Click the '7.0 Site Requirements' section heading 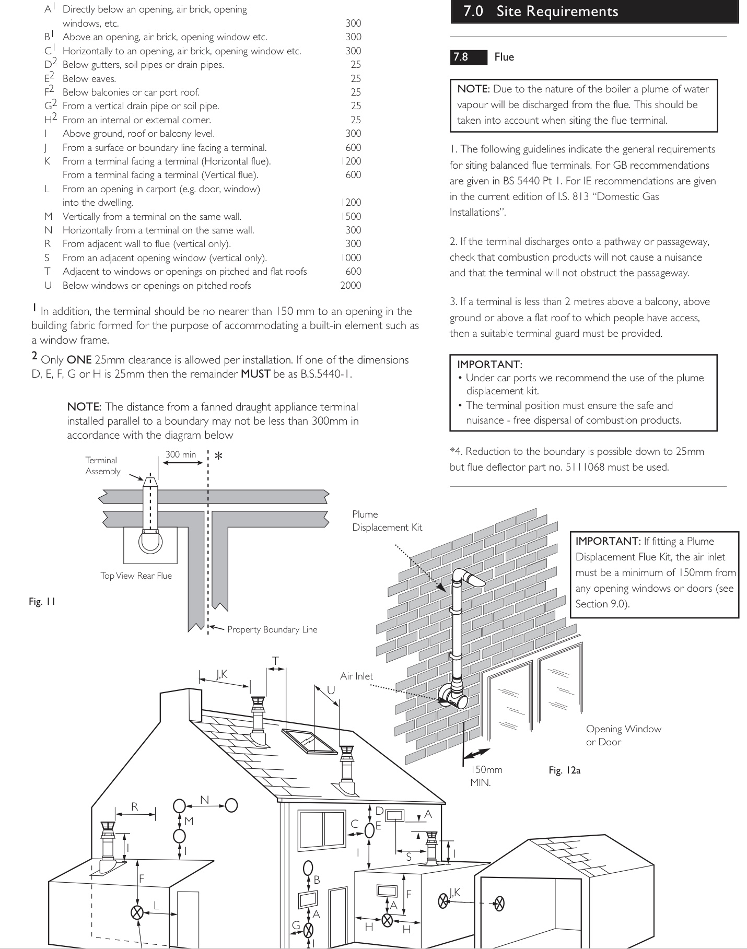(541, 11)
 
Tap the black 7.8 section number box (468, 57)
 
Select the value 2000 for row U (351, 285)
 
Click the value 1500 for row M (351, 216)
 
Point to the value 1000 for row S (351, 257)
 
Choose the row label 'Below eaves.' (89, 78)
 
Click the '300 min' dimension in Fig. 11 (181, 454)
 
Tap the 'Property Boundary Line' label (272, 629)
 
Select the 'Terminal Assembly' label (103, 465)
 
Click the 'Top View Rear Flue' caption (136, 576)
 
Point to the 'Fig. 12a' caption (564, 770)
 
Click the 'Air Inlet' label (356, 676)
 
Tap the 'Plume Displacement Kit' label (387, 521)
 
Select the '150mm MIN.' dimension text (486, 776)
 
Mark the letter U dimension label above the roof (331, 690)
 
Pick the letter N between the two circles (205, 800)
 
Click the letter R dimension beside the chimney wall (135, 806)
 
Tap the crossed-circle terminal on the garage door (499, 903)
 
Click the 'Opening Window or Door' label (623, 735)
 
